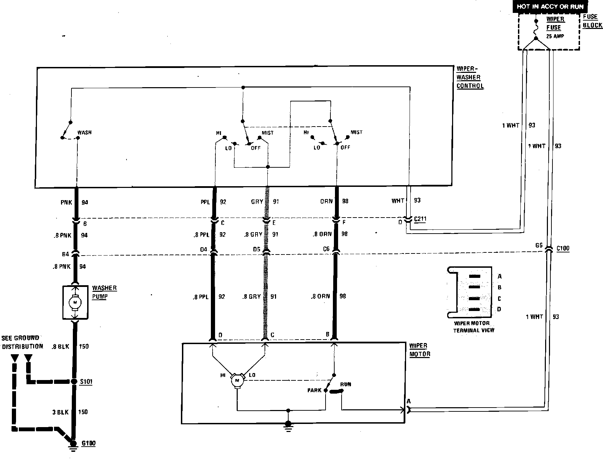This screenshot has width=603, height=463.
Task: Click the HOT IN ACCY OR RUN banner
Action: click(550, 6)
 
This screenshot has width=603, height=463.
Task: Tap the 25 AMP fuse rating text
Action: click(555, 36)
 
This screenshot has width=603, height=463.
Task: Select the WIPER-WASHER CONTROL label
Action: click(470, 77)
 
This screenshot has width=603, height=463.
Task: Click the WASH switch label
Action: click(84, 132)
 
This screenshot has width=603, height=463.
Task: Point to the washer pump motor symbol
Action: click(75, 302)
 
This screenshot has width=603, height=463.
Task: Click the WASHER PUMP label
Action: click(104, 292)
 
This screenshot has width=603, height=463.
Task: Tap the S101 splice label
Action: click(86, 381)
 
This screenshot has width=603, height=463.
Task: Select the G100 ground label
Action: click(88, 443)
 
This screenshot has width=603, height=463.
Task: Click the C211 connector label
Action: click(420, 219)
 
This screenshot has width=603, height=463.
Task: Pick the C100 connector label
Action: click(563, 249)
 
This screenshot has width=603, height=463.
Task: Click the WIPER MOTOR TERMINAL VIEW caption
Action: click(473, 327)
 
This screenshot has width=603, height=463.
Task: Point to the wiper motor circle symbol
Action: click(237, 380)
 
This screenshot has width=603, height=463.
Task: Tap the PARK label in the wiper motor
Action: click(314, 390)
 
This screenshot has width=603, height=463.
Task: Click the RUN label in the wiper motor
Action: click(345, 384)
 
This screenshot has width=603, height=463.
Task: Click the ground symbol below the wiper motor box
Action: click(288, 425)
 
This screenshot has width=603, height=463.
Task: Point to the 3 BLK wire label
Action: click(60, 412)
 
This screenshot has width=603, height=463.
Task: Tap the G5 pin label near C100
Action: click(539, 245)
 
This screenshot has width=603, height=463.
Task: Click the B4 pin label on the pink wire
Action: click(66, 254)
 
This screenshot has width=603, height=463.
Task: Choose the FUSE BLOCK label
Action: click(592, 21)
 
